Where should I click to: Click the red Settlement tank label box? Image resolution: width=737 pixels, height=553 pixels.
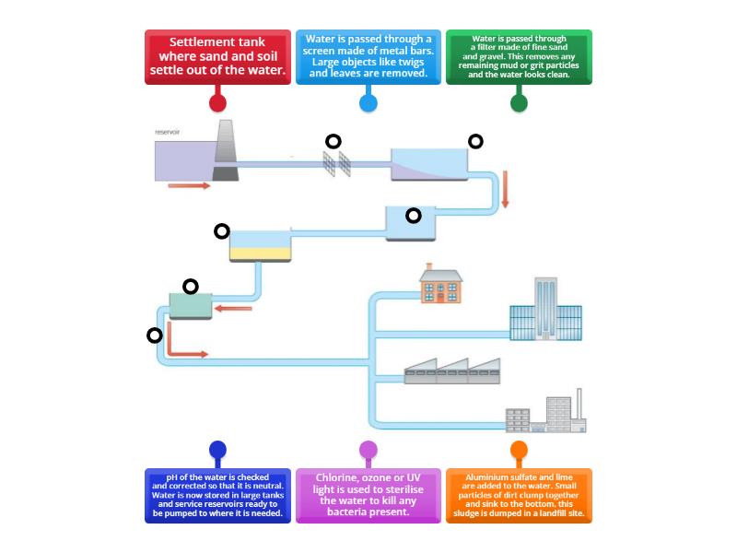217,57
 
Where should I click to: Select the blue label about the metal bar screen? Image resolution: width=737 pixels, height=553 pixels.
368,57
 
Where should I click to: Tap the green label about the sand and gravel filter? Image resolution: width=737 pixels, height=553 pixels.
519,57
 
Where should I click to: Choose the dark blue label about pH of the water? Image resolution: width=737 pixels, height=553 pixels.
217,496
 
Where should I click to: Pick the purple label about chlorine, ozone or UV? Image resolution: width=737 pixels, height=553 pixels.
368,496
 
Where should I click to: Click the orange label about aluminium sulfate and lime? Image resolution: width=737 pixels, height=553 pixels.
519,496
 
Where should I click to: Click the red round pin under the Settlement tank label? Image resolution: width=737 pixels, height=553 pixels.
217,102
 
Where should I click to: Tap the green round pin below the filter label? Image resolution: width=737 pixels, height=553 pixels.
519,102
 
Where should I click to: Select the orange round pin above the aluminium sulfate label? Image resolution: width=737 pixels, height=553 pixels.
519,450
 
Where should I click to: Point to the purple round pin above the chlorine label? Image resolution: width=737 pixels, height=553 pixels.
368,450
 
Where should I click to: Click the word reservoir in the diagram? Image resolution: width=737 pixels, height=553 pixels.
167,133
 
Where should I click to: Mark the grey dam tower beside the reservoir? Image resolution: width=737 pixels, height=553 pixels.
226,151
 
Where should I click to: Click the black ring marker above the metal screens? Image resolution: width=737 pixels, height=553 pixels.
333,141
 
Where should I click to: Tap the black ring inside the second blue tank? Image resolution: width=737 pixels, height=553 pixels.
414,215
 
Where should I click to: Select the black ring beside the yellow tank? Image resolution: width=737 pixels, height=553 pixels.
221,231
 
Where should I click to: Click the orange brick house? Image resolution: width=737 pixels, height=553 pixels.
440,285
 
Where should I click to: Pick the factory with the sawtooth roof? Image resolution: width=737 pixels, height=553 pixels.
452,371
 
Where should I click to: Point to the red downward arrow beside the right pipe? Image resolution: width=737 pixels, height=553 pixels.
505,190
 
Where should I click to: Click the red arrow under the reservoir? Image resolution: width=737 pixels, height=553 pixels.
189,185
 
